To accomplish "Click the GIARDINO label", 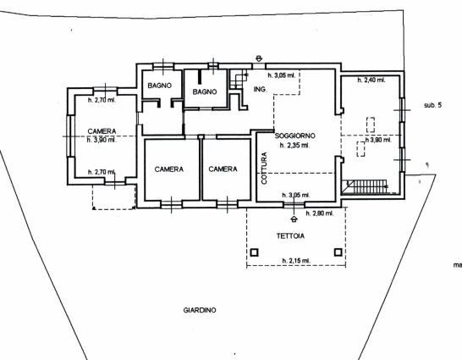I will coord(200,311).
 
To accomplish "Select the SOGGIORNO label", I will coord(295,136).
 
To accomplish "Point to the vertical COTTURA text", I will coord(265,167).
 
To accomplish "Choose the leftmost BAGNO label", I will coord(159,86).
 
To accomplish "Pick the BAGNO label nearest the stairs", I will coord(206,91).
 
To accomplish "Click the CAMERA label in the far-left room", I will coord(102,131).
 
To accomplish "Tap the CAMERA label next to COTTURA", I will coord(223,169).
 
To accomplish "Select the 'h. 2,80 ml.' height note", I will coord(320,213).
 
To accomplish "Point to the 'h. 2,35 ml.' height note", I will coord(294,145).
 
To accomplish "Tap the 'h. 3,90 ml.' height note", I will coord(102,140).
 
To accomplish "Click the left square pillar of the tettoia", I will coord(255,252).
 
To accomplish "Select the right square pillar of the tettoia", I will coord(338,252).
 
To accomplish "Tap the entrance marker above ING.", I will coord(258,58).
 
